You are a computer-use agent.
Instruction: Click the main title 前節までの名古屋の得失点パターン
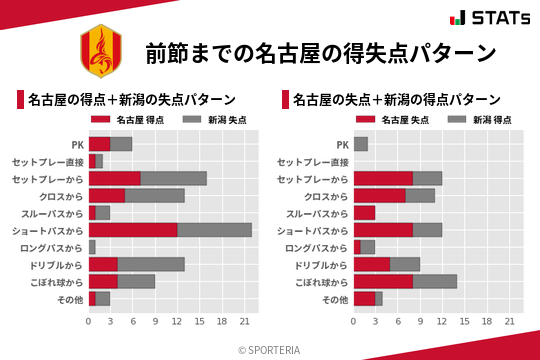[320, 53]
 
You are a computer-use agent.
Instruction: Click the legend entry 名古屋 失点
[403, 120]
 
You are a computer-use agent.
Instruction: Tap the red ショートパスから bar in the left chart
[133, 230]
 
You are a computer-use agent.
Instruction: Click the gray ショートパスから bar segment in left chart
[215, 230]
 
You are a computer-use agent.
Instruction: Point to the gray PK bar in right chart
[361, 144]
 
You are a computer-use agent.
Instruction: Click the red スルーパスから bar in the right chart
[365, 213]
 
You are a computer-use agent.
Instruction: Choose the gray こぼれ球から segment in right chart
[435, 281]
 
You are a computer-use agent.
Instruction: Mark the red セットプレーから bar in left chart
[114, 178]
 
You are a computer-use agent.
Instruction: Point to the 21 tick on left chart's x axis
[244, 321]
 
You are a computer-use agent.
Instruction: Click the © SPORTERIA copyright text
[270, 348]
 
